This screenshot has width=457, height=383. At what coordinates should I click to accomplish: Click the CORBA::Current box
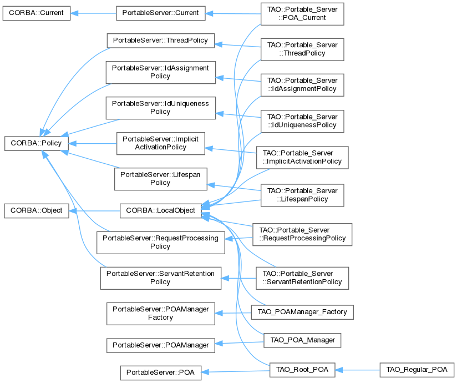coord(37,13)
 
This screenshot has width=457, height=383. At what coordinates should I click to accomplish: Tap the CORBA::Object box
coord(37,210)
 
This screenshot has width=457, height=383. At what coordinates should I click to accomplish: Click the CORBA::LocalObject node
coord(160,210)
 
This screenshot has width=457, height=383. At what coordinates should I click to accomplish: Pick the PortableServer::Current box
coord(160,13)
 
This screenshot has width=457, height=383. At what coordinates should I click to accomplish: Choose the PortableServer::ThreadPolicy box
coord(160,41)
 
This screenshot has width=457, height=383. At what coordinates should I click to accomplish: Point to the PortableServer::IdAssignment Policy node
coord(160,72)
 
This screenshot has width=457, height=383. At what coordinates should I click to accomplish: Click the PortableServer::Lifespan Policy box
coord(160,178)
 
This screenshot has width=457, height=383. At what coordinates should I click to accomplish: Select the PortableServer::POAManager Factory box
coord(160,314)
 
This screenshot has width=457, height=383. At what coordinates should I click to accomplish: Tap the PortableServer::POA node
coord(160,372)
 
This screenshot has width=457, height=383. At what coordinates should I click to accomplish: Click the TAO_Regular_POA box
coord(417,369)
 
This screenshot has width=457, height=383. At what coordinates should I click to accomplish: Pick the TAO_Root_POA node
coord(302,369)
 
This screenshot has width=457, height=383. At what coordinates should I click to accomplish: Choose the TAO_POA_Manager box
coord(302,340)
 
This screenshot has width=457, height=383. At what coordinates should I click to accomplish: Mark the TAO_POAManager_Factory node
coord(302,311)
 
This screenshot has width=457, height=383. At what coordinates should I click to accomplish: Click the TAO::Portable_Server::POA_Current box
coord(302,14)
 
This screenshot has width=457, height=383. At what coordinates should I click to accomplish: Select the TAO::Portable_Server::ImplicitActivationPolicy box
coord(302,158)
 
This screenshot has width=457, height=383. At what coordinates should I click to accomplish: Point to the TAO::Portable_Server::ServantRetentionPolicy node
coord(302,278)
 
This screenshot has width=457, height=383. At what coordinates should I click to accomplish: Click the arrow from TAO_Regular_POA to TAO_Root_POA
coord(358,369)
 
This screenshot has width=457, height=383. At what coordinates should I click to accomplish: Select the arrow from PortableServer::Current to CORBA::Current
coord(93,13)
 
